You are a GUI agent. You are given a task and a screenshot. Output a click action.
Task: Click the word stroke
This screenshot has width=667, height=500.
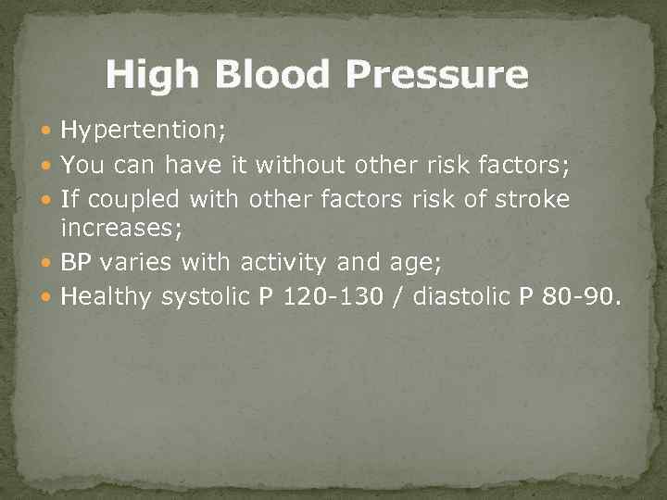click(x=534, y=198)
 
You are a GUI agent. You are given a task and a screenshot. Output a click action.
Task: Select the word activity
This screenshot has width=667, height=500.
click(x=283, y=262)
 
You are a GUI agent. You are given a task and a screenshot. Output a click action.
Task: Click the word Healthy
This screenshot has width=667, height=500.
click(x=107, y=296)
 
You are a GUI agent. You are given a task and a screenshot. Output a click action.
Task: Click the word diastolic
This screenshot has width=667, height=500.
click(x=464, y=296)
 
